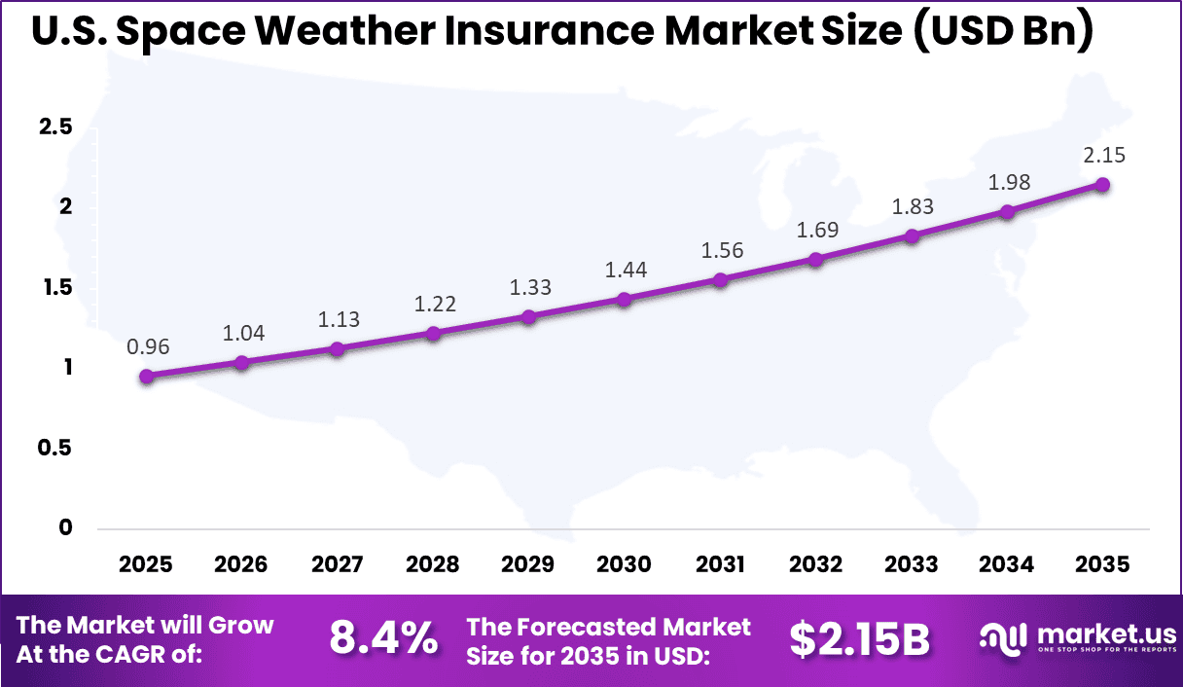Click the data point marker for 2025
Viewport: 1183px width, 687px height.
[x=146, y=377]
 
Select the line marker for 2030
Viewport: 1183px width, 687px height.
[x=625, y=300]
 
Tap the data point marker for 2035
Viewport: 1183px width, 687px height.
[x=1102, y=185]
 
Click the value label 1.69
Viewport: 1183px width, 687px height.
[x=816, y=231]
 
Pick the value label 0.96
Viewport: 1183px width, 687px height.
[x=146, y=347]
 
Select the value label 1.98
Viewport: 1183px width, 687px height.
[x=1008, y=183]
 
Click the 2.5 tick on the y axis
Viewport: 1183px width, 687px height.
[x=54, y=127]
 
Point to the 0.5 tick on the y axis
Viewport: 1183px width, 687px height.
[x=54, y=448]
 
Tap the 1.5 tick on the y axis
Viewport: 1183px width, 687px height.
[x=54, y=287]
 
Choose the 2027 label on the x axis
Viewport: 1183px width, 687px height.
[x=338, y=564]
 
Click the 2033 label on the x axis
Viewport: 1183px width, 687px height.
[x=912, y=564]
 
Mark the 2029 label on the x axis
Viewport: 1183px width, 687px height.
[x=528, y=564]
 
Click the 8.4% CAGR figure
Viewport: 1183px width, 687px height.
[x=382, y=639]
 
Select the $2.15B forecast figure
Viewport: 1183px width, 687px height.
[x=859, y=639]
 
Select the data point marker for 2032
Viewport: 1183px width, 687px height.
[x=816, y=260]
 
